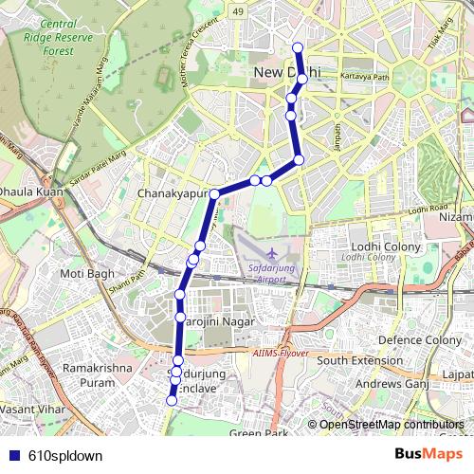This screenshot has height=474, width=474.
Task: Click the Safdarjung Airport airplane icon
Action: tap(273, 253)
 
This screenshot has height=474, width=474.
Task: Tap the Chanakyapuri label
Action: tap(172, 192)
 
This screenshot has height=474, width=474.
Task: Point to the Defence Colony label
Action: tap(420, 339)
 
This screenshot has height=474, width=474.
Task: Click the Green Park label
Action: tap(258, 433)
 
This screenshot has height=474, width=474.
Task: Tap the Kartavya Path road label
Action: tap(366, 77)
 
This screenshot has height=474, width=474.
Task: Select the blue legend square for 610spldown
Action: tap(13, 455)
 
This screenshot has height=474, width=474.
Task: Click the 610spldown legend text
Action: tap(65, 455)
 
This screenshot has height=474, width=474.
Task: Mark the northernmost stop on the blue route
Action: tap(298, 47)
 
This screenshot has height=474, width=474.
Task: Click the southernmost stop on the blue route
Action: tap(172, 401)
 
